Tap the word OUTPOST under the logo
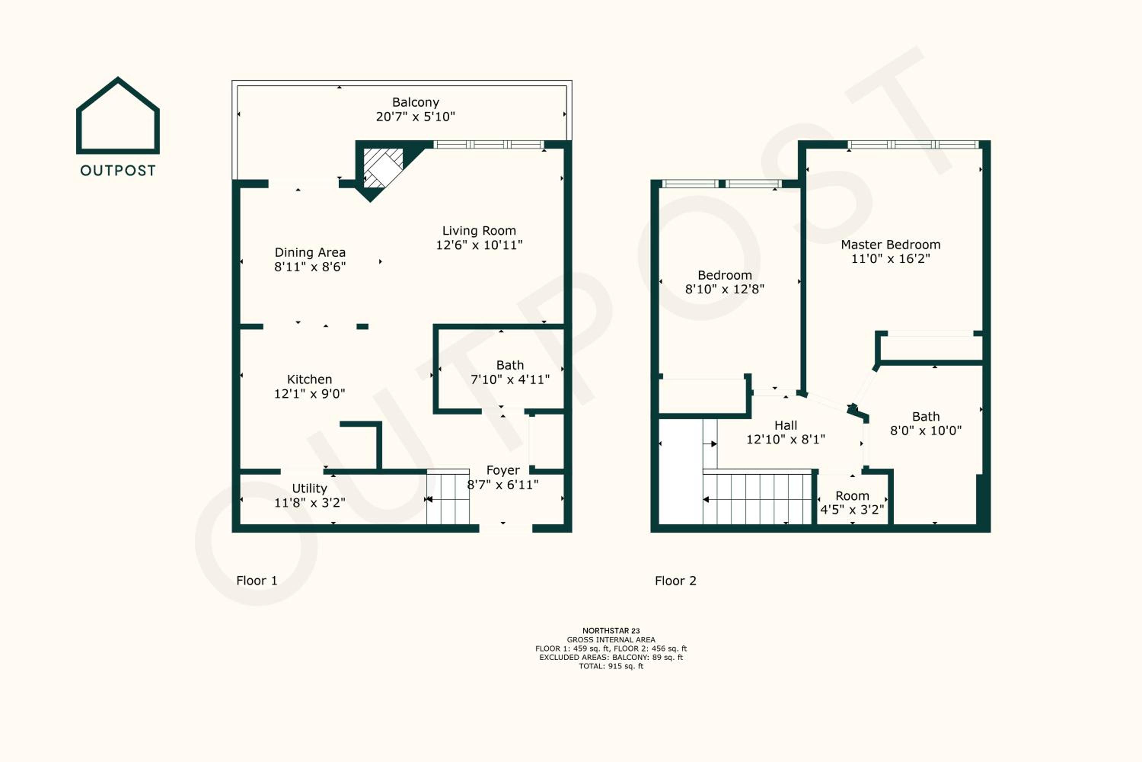pyautogui.click(x=118, y=171)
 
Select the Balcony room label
pyautogui.click(x=416, y=102)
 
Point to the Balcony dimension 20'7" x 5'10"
pyautogui.click(x=416, y=117)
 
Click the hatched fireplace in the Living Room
pyautogui.click(x=384, y=168)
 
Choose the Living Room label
pyautogui.click(x=479, y=231)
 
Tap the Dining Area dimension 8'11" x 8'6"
pyautogui.click(x=310, y=267)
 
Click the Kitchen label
pyautogui.click(x=310, y=379)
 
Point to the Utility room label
pyautogui.click(x=310, y=488)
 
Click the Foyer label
pyautogui.click(x=503, y=471)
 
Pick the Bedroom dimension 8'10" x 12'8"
pyautogui.click(x=725, y=290)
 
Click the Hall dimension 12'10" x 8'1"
pyautogui.click(x=786, y=440)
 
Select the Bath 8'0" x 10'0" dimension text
pyautogui.click(x=926, y=431)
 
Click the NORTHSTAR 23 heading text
pyautogui.click(x=611, y=631)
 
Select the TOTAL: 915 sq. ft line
pyautogui.click(x=611, y=666)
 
